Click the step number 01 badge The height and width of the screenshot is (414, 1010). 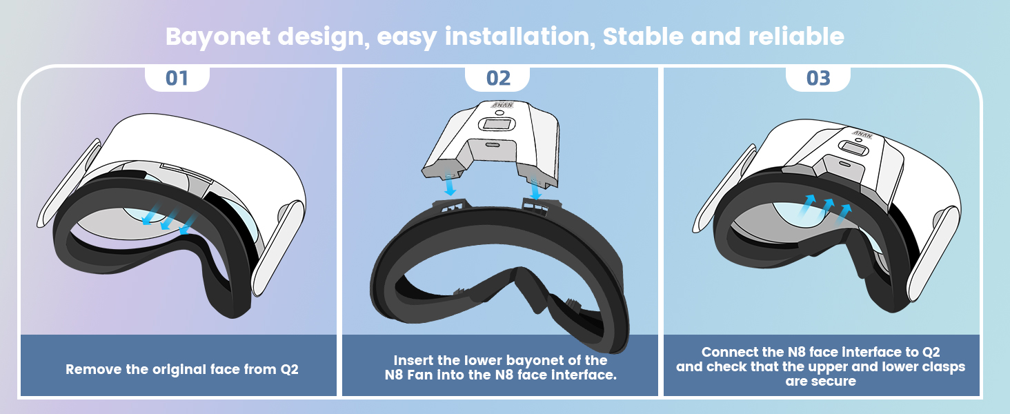coord(177,79)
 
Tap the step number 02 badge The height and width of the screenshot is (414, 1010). coord(498,79)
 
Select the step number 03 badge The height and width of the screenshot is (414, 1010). coord(818,79)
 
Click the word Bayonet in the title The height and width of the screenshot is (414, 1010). coord(218,37)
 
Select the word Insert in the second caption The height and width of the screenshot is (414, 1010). coord(413,360)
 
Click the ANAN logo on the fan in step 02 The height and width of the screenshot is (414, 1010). coord(502,105)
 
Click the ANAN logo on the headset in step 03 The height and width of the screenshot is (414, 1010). coord(862,135)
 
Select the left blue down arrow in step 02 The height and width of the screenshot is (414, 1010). coord(450,184)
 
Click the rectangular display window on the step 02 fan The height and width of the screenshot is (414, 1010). coord(497,124)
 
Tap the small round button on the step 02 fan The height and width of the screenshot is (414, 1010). coord(499,112)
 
